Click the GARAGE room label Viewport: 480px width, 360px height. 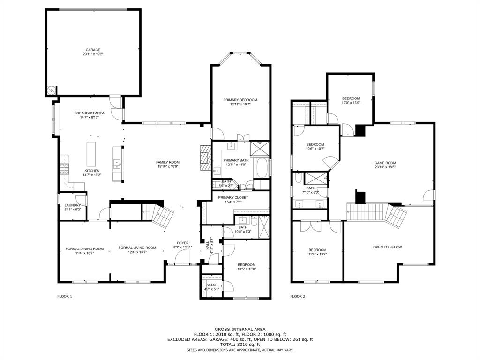[x=92, y=50]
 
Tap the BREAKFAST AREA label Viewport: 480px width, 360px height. [x=89, y=113]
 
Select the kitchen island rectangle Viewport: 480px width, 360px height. [x=91, y=152]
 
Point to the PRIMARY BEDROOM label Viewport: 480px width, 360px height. [x=240, y=100]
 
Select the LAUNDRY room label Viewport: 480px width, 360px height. [x=73, y=205]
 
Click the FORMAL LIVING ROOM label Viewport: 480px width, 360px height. [x=137, y=247]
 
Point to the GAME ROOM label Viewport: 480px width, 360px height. [x=385, y=163]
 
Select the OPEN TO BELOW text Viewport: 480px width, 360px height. [x=387, y=247]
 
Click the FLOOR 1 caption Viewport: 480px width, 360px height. [x=65, y=296]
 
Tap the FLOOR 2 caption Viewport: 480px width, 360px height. [x=298, y=296]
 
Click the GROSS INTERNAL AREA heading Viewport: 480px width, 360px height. [x=240, y=329]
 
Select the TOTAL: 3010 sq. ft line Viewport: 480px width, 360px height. [x=240, y=345]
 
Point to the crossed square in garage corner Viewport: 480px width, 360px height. [x=52, y=90]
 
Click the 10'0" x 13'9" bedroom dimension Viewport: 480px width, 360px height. [x=351, y=103]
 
